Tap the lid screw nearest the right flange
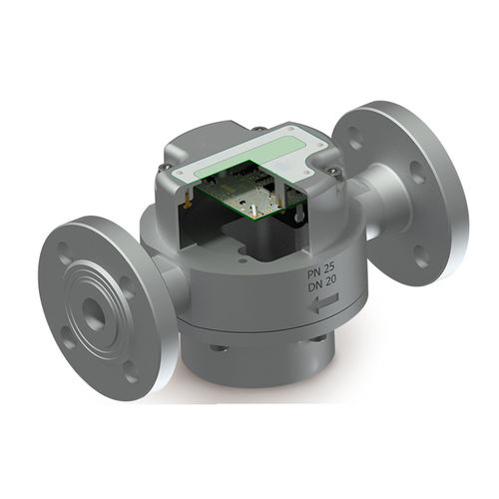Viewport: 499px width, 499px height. (x=333, y=170)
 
